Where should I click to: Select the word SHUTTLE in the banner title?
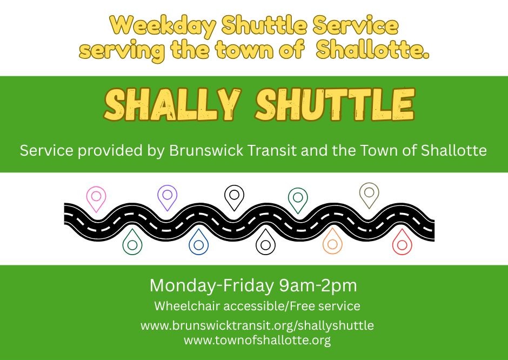tap(335, 104)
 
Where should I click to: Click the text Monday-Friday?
tap(211, 285)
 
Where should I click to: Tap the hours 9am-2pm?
tap(318, 286)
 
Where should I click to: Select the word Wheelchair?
tap(188, 306)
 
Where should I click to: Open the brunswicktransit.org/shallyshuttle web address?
tap(257, 325)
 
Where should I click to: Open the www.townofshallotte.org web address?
tap(257, 340)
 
